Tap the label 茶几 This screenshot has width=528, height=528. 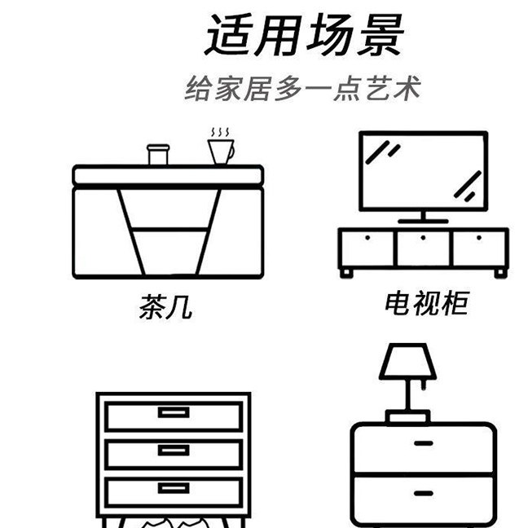(165, 308)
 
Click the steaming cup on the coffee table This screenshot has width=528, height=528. (219, 152)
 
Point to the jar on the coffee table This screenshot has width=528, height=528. (157, 154)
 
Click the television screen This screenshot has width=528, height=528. (423, 171)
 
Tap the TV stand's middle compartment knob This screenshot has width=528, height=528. (424, 238)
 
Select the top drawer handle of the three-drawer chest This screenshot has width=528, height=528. (174, 412)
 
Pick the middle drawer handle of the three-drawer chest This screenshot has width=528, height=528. (174, 450)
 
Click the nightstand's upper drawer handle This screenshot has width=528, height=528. (424, 442)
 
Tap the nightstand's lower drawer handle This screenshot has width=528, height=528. (424, 494)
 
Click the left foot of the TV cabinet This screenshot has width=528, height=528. (349, 272)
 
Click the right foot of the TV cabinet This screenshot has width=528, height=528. (498, 272)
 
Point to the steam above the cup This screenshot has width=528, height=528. (220, 131)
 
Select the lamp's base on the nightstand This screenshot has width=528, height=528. (407, 417)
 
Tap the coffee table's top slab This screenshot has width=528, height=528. (168, 174)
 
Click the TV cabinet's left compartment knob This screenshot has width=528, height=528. (367, 238)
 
